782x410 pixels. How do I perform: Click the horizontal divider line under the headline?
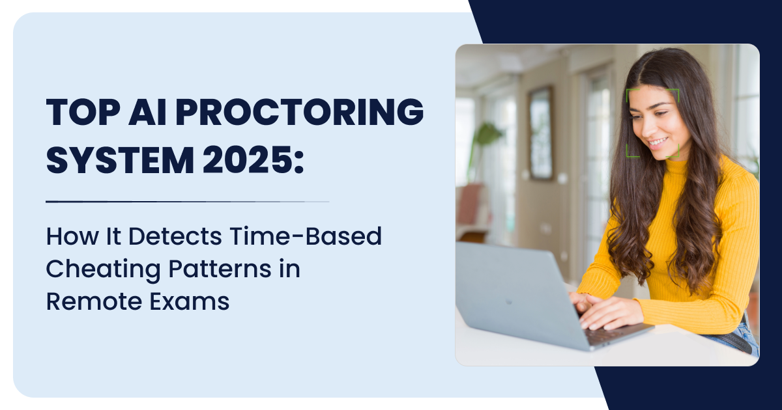[188, 202]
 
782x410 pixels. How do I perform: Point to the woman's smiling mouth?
[658, 141]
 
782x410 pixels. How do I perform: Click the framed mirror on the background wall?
[540, 133]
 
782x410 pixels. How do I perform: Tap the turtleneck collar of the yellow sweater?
[678, 171]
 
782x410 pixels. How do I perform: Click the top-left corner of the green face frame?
[628, 90]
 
